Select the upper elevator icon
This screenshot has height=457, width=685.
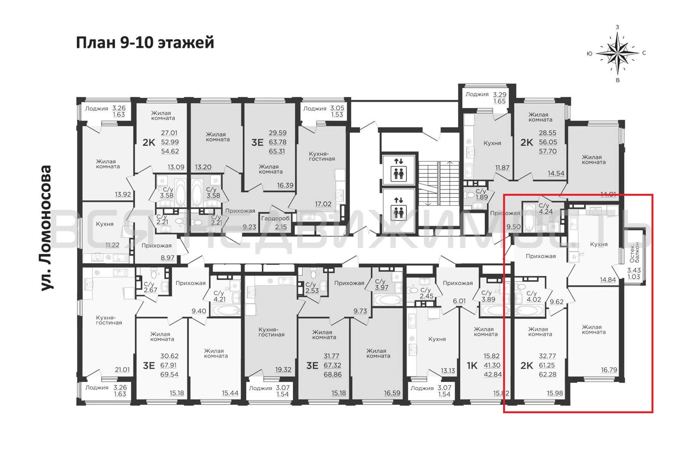(x=398, y=170)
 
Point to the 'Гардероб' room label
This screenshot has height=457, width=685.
(x=275, y=218)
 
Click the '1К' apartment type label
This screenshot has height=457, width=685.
(x=472, y=365)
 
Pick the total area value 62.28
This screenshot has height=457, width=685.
(x=548, y=374)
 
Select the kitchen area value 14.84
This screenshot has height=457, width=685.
(x=608, y=280)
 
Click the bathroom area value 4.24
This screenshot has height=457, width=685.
(x=545, y=212)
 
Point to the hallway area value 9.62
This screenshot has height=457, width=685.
(x=557, y=302)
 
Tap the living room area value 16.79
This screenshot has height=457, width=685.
(x=609, y=370)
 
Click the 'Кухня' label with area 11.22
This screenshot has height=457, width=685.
(x=105, y=224)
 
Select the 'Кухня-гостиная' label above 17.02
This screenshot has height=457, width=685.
(x=322, y=156)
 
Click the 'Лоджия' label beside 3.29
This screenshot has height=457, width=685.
(x=477, y=94)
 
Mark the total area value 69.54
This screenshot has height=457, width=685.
(x=169, y=374)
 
